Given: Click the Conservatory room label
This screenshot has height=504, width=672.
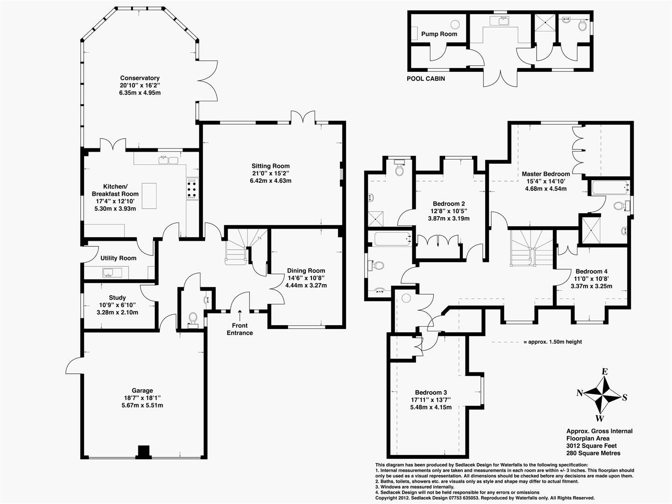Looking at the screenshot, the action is (x=140, y=78).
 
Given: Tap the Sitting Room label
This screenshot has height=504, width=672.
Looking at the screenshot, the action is (x=270, y=166).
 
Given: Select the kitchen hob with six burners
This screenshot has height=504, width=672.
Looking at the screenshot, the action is (x=192, y=189).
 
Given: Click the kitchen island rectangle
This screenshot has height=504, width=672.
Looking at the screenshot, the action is (x=149, y=196).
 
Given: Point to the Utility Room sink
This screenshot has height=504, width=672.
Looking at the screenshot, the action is (x=112, y=273).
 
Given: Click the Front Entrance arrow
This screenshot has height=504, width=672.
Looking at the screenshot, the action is (x=240, y=315).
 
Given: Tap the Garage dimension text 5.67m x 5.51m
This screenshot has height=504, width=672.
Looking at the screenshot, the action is (x=142, y=405).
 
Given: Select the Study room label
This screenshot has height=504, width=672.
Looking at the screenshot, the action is (x=117, y=298).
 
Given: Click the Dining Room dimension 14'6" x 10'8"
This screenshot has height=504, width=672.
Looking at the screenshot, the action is (x=306, y=278).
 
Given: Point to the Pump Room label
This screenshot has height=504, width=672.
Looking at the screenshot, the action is (x=439, y=34).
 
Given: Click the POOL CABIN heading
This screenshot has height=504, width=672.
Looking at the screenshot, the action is (x=425, y=78).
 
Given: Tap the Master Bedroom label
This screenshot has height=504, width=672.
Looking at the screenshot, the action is (x=545, y=174).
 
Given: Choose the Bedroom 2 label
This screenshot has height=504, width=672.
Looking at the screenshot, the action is (x=448, y=203).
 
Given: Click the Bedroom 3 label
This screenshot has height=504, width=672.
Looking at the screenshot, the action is (x=431, y=392).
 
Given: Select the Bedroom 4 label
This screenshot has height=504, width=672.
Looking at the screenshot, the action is (x=592, y=271).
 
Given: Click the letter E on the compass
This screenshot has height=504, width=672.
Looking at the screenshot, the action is (x=605, y=371).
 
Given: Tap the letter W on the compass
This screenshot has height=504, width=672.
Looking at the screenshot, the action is (x=600, y=418).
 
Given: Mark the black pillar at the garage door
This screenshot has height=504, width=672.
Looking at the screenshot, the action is (x=143, y=452).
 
